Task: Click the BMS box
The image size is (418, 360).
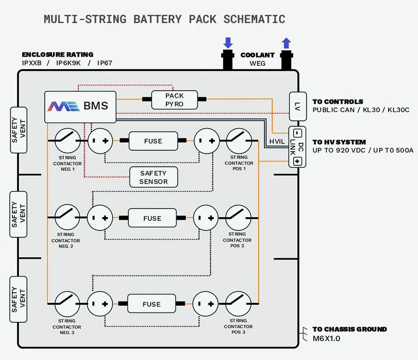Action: point(80,106)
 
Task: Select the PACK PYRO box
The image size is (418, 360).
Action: point(174,100)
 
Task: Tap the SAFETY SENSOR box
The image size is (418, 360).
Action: point(153,177)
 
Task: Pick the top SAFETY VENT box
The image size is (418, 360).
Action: point(18,130)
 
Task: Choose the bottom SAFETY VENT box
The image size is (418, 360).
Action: point(18,300)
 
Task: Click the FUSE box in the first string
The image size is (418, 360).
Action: point(153,141)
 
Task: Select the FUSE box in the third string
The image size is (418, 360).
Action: point(152,304)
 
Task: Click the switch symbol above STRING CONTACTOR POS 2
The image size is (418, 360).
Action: point(238,218)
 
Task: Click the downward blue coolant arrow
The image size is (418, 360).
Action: point(228,43)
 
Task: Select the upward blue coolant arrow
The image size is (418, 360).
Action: point(286,43)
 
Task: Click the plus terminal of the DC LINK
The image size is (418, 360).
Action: point(297,161)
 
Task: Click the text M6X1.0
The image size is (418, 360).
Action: point(326,339)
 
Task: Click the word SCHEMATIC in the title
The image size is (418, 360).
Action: point(254,19)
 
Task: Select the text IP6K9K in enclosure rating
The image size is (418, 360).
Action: point(69,63)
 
